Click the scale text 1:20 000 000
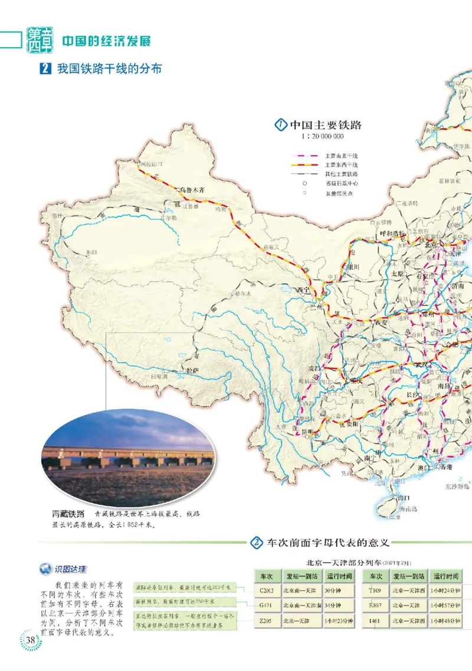coord(322,137)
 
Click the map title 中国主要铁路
coord(325,125)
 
